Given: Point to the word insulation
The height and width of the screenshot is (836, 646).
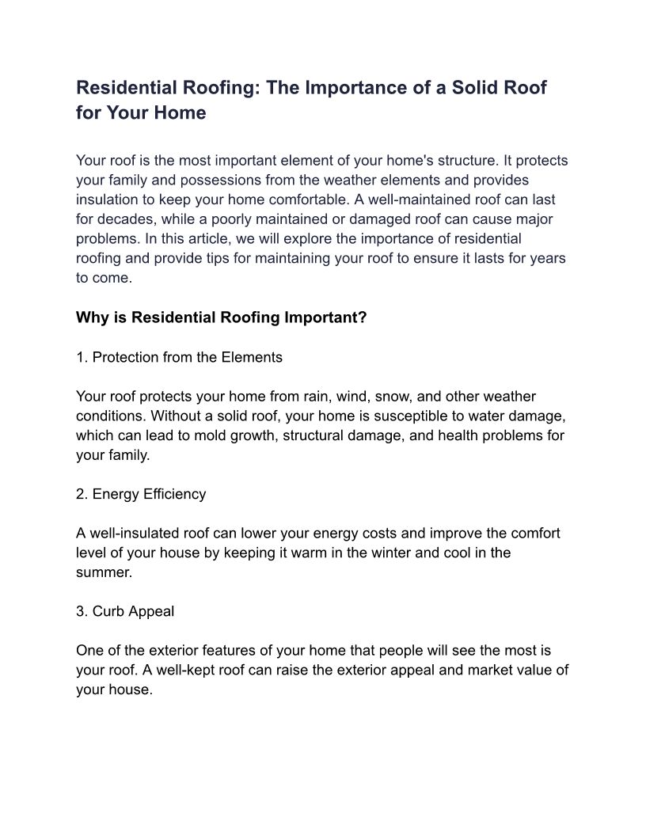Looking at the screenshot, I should (x=108, y=199).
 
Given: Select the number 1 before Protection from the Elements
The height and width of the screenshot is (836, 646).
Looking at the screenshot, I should (x=81, y=358).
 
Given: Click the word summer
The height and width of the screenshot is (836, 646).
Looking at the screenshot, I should (x=104, y=572).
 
